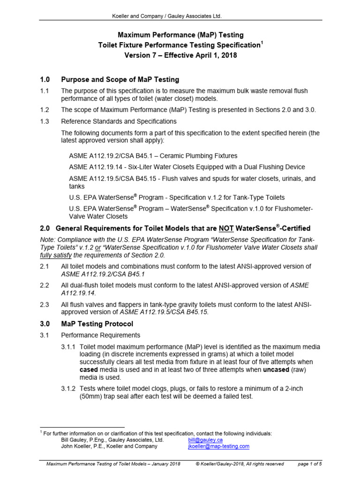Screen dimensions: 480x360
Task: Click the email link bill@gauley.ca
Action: pos(205,440)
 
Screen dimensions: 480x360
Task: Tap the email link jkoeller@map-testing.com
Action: pos(218,447)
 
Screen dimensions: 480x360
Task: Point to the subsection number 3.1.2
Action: pos(68,389)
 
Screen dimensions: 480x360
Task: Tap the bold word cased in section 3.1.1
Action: pos(89,369)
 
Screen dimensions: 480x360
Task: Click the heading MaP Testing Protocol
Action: pos(97,324)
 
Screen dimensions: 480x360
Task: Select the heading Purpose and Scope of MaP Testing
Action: pos(120,79)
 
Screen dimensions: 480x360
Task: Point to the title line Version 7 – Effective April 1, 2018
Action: pos(180,55)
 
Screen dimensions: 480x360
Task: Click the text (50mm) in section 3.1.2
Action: pos(92,396)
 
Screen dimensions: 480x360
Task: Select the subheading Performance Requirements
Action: pos(100,335)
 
